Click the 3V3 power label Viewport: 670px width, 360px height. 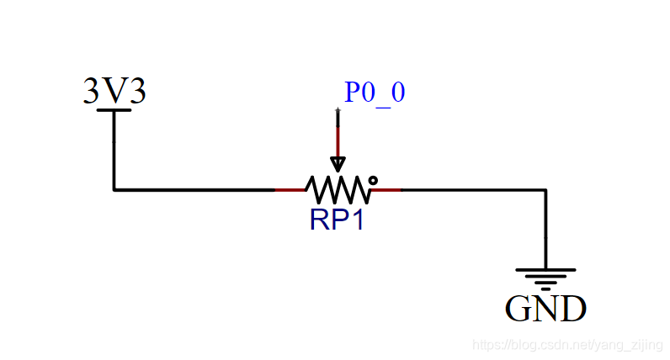coord(114,91)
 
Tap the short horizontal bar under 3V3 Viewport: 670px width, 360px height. coord(114,109)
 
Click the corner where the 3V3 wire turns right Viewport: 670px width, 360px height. coord(114,189)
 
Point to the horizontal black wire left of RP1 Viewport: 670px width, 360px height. coord(194,189)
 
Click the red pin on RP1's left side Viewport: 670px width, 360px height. coord(290,189)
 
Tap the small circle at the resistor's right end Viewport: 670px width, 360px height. coord(373,180)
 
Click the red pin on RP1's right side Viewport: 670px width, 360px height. coord(387,189)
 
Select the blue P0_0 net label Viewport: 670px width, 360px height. coord(375,92)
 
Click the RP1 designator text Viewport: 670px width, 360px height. coord(337,220)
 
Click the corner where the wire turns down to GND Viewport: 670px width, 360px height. coord(545,189)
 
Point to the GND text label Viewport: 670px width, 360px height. coord(545,309)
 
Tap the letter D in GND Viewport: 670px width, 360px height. coord(572,309)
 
